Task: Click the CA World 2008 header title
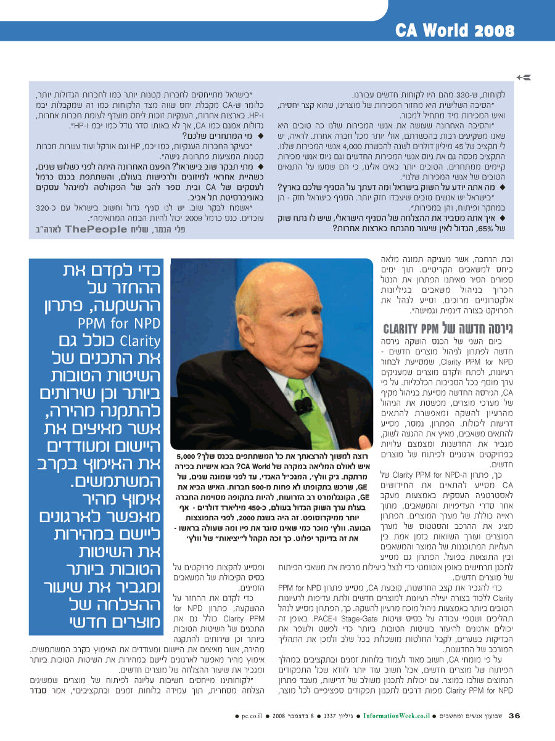tap(455, 30)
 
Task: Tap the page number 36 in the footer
tap(514, 716)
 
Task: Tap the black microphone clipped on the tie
tap(303, 404)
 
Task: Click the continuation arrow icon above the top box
tap(525, 76)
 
